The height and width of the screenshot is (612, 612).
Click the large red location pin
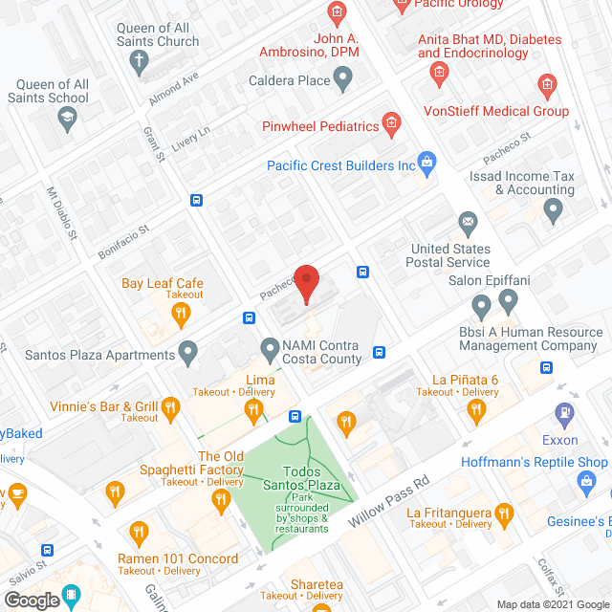pos(306,282)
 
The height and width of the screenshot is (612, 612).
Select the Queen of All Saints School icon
pos(66,119)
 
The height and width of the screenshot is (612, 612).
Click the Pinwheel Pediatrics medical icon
pos(391,122)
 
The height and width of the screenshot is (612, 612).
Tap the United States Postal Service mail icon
pos(468,226)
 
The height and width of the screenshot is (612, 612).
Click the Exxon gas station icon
pos(564,414)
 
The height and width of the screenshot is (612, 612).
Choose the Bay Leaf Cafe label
pos(163,283)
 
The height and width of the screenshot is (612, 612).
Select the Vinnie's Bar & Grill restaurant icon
pos(171,408)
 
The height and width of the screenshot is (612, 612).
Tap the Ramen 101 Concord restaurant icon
pos(139,532)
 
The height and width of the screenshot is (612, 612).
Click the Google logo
pos(31,600)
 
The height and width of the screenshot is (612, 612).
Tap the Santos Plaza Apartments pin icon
pos(188,355)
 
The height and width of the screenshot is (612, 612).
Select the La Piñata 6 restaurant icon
pos(476,411)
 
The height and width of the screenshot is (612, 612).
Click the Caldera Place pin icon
pos(344,81)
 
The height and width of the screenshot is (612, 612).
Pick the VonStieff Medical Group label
pos(511,111)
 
